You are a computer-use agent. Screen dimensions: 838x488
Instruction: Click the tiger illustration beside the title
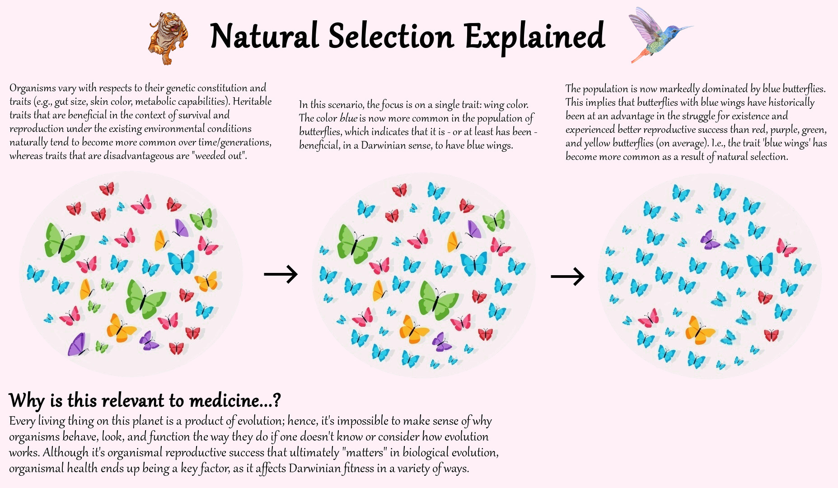[x=168, y=38]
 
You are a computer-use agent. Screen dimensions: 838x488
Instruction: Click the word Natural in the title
[x=265, y=36]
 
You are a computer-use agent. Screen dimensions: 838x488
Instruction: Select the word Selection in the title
[x=391, y=36]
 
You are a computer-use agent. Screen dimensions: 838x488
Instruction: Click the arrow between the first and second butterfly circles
[x=281, y=274]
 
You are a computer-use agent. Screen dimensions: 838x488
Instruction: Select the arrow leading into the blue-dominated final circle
[x=568, y=276]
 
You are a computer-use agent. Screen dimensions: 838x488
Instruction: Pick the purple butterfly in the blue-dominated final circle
[x=710, y=240]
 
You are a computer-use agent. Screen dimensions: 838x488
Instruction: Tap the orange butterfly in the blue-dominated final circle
[x=700, y=330]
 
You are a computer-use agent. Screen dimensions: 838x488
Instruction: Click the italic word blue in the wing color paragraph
[x=348, y=118]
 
